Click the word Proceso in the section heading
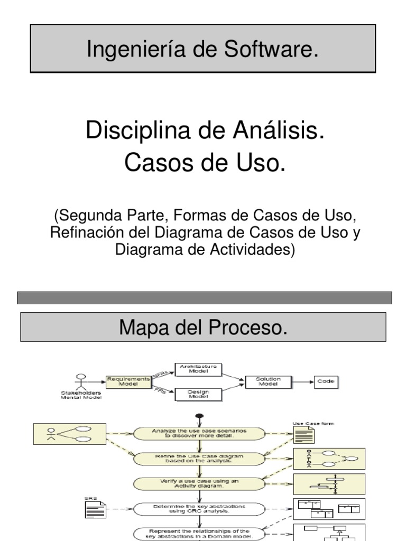(x=247, y=328)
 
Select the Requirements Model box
(x=122, y=381)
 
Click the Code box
(x=326, y=381)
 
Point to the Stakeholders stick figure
(x=80, y=382)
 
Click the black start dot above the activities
(x=199, y=417)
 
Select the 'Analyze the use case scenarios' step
(x=198, y=433)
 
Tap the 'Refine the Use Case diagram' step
(x=198, y=458)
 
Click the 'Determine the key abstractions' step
(x=198, y=509)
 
